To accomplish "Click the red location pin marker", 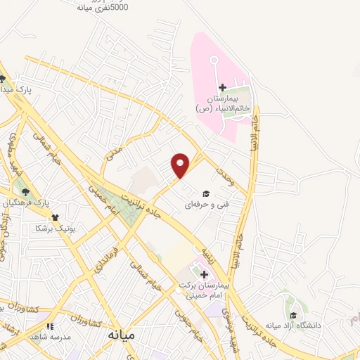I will (x=181, y=165).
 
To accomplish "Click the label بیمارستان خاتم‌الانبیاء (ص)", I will (x=222, y=103).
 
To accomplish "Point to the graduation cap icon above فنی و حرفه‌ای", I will (x=205, y=193).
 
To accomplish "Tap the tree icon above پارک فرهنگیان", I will (x=25, y=191).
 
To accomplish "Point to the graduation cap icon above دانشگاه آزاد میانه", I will (x=292, y=314).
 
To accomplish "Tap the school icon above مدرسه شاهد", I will (x=49, y=326).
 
